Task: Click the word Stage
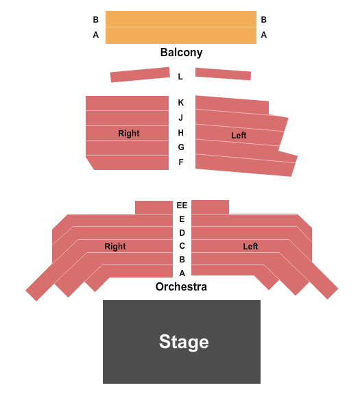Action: click(184, 342)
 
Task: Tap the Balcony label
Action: click(181, 53)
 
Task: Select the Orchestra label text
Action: click(181, 286)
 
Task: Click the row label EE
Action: click(182, 206)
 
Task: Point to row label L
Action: click(180, 76)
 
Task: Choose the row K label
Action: click(181, 103)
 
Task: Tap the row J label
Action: click(180, 118)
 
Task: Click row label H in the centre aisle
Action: click(181, 133)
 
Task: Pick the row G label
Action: click(181, 147)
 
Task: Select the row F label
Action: click(181, 162)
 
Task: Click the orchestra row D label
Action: click(182, 233)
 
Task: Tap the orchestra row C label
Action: click(182, 246)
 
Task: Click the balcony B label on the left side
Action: click(96, 20)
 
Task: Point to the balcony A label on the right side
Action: click(264, 35)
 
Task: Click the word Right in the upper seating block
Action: click(129, 133)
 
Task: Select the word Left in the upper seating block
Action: click(239, 136)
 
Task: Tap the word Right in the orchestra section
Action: click(115, 246)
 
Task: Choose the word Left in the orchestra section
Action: click(250, 246)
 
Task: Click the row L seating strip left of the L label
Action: click(140, 75)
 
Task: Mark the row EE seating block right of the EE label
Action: click(210, 207)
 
